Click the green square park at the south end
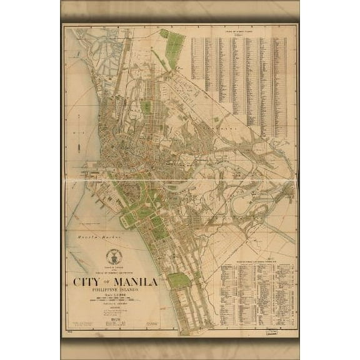179,280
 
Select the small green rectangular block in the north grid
146,107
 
